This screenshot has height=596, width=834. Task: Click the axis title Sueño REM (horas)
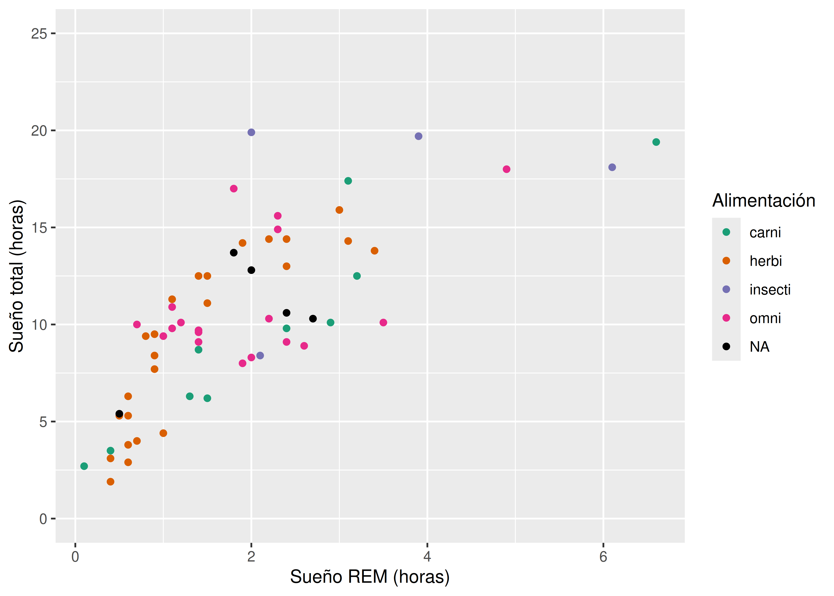click(370, 577)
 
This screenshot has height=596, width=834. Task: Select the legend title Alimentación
click(764, 201)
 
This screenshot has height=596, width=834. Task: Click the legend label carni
click(765, 232)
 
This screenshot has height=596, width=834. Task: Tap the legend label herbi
click(765, 261)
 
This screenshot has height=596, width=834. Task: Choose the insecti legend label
click(770, 290)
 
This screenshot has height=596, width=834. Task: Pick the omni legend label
click(765, 318)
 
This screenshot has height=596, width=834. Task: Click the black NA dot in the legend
click(726, 346)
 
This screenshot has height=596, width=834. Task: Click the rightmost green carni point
click(656, 142)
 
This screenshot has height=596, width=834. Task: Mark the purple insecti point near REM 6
click(612, 167)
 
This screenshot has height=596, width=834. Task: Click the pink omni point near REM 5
click(507, 169)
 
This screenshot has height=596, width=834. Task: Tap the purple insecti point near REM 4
click(418, 136)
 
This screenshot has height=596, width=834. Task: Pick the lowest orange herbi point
click(110, 482)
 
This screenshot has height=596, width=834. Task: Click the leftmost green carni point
click(84, 466)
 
